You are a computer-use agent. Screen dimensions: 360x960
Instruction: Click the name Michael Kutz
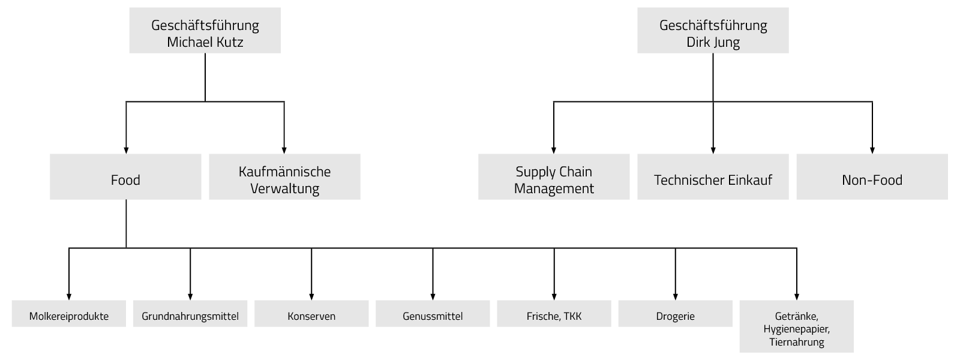(x=205, y=43)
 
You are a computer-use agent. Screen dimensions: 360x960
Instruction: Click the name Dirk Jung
(x=713, y=43)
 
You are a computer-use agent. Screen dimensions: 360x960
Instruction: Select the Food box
(x=125, y=177)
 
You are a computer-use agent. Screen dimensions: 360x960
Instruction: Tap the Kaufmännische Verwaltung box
(x=284, y=177)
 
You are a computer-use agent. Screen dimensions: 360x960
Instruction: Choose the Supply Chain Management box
(x=554, y=177)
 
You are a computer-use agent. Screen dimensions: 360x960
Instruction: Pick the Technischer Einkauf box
(x=713, y=177)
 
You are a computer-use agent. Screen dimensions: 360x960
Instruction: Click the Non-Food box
(x=872, y=177)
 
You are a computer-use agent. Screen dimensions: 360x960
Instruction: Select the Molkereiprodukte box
(x=69, y=314)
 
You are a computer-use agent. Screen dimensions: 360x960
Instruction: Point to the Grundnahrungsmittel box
(x=190, y=314)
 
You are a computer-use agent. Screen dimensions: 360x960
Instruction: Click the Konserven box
(x=311, y=314)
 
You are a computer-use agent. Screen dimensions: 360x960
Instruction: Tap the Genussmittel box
(x=433, y=314)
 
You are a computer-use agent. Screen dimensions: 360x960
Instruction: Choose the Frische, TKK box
(x=554, y=314)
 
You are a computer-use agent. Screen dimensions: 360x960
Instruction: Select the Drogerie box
(x=675, y=314)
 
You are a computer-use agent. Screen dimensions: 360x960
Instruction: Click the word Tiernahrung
(x=796, y=343)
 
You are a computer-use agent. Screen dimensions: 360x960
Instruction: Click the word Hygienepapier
(x=796, y=329)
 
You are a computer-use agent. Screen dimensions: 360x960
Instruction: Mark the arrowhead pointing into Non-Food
(x=872, y=150)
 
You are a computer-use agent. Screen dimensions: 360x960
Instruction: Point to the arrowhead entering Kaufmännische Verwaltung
(x=284, y=150)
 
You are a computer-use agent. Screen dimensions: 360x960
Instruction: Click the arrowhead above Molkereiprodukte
(x=69, y=296)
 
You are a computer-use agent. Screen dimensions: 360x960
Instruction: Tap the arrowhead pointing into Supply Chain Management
(x=554, y=150)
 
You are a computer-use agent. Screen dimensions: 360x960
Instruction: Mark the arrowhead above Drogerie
(x=675, y=296)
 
